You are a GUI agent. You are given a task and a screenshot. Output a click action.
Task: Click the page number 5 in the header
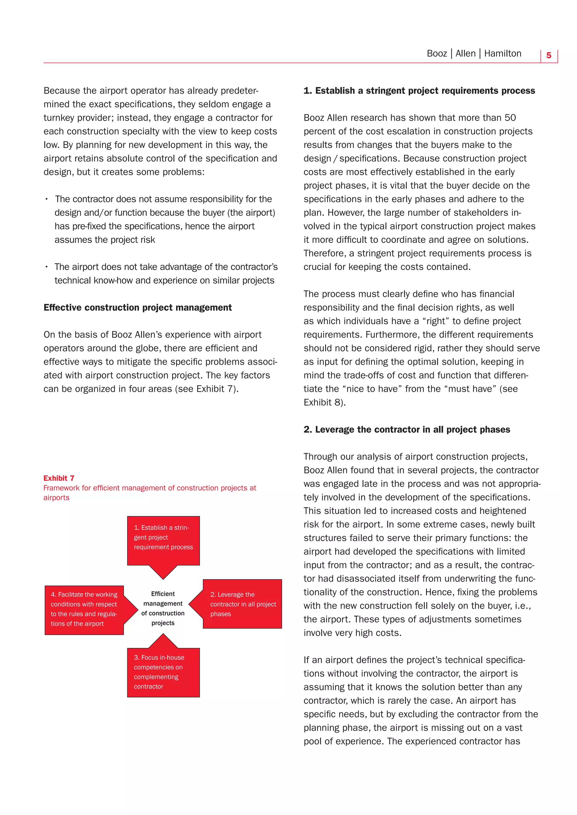(549, 55)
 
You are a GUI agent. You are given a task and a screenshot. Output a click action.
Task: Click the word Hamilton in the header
(502, 53)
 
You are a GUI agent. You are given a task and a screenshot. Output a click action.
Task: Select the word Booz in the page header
(437, 53)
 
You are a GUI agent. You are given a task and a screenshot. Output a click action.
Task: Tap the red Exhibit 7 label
(59, 478)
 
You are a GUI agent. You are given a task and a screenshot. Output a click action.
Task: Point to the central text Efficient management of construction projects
(163, 608)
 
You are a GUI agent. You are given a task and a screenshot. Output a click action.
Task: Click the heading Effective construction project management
(137, 307)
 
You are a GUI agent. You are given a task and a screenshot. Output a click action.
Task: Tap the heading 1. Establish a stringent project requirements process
(419, 91)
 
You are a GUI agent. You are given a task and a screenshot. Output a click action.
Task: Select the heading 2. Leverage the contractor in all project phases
(407, 429)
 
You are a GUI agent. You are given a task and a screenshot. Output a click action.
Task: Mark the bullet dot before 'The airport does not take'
(46, 267)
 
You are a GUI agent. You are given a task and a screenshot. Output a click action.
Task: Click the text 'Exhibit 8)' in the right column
(324, 402)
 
